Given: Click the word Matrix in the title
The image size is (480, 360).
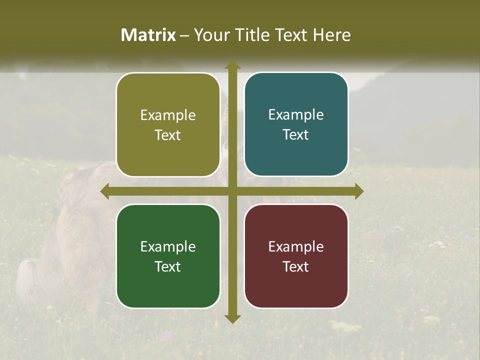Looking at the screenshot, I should pyautogui.click(x=148, y=35).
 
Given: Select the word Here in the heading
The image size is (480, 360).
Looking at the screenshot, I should pyautogui.click(x=331, y=35).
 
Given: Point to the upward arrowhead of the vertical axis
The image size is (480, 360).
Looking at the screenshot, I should pyautogui.click(x=232, y=65).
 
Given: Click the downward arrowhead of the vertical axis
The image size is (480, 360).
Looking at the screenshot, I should pyautogui.click(x=232, y=319).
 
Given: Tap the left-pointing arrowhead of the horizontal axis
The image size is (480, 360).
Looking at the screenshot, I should pyautogui.click(x=105, y=191).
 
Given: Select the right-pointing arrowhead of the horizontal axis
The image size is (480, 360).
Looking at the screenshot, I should pyautogui.click(x=359, y=191).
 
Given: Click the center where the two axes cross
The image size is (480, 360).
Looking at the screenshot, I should pyautogui.click(x=232, y=191).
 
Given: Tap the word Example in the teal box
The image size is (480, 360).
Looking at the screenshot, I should pyautogui.click(x=296, y=115).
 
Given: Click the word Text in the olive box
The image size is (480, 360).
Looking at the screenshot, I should pyautogui.click(x=168, y=135).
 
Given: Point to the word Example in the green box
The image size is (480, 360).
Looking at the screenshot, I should pyautogui.click(x=168, y=246).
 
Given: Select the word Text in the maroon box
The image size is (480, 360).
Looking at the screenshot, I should pyautogui.click(x=296, y=266).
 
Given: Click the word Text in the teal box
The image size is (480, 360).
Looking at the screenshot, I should pyautogui.click(x=296, y=135).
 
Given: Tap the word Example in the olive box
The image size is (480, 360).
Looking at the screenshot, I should pyautogui.click(x=168, y=115).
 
